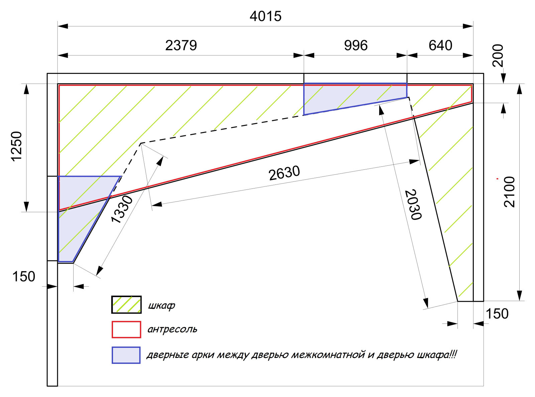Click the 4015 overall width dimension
click(265, 16)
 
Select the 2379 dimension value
click(181, 45)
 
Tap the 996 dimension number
click(356, 45)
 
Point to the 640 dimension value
click(440, 45)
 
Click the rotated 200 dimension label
click(498, 56)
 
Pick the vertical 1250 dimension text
click(17, 146)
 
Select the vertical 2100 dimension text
click(510, 192)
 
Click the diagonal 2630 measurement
click(284, 173)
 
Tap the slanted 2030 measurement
click(413, 205)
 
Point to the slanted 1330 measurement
click(122, 209)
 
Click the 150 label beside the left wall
click(24, 276)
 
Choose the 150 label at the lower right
click(497, 313)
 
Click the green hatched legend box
click(126, 305)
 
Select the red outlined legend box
click(126, 329)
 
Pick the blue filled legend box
click(126, 355)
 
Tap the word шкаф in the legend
click(162, 306)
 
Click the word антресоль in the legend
click(172, 329)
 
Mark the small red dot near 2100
click(497, 178)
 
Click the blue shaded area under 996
click(350, 97)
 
